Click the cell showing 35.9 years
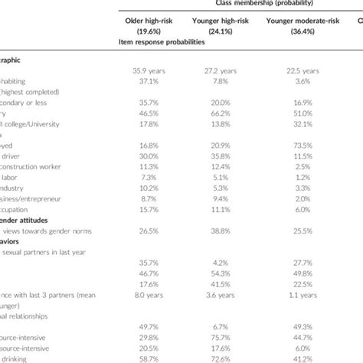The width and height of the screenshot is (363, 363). (150, 71)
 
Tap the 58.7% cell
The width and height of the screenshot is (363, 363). (150, 358)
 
